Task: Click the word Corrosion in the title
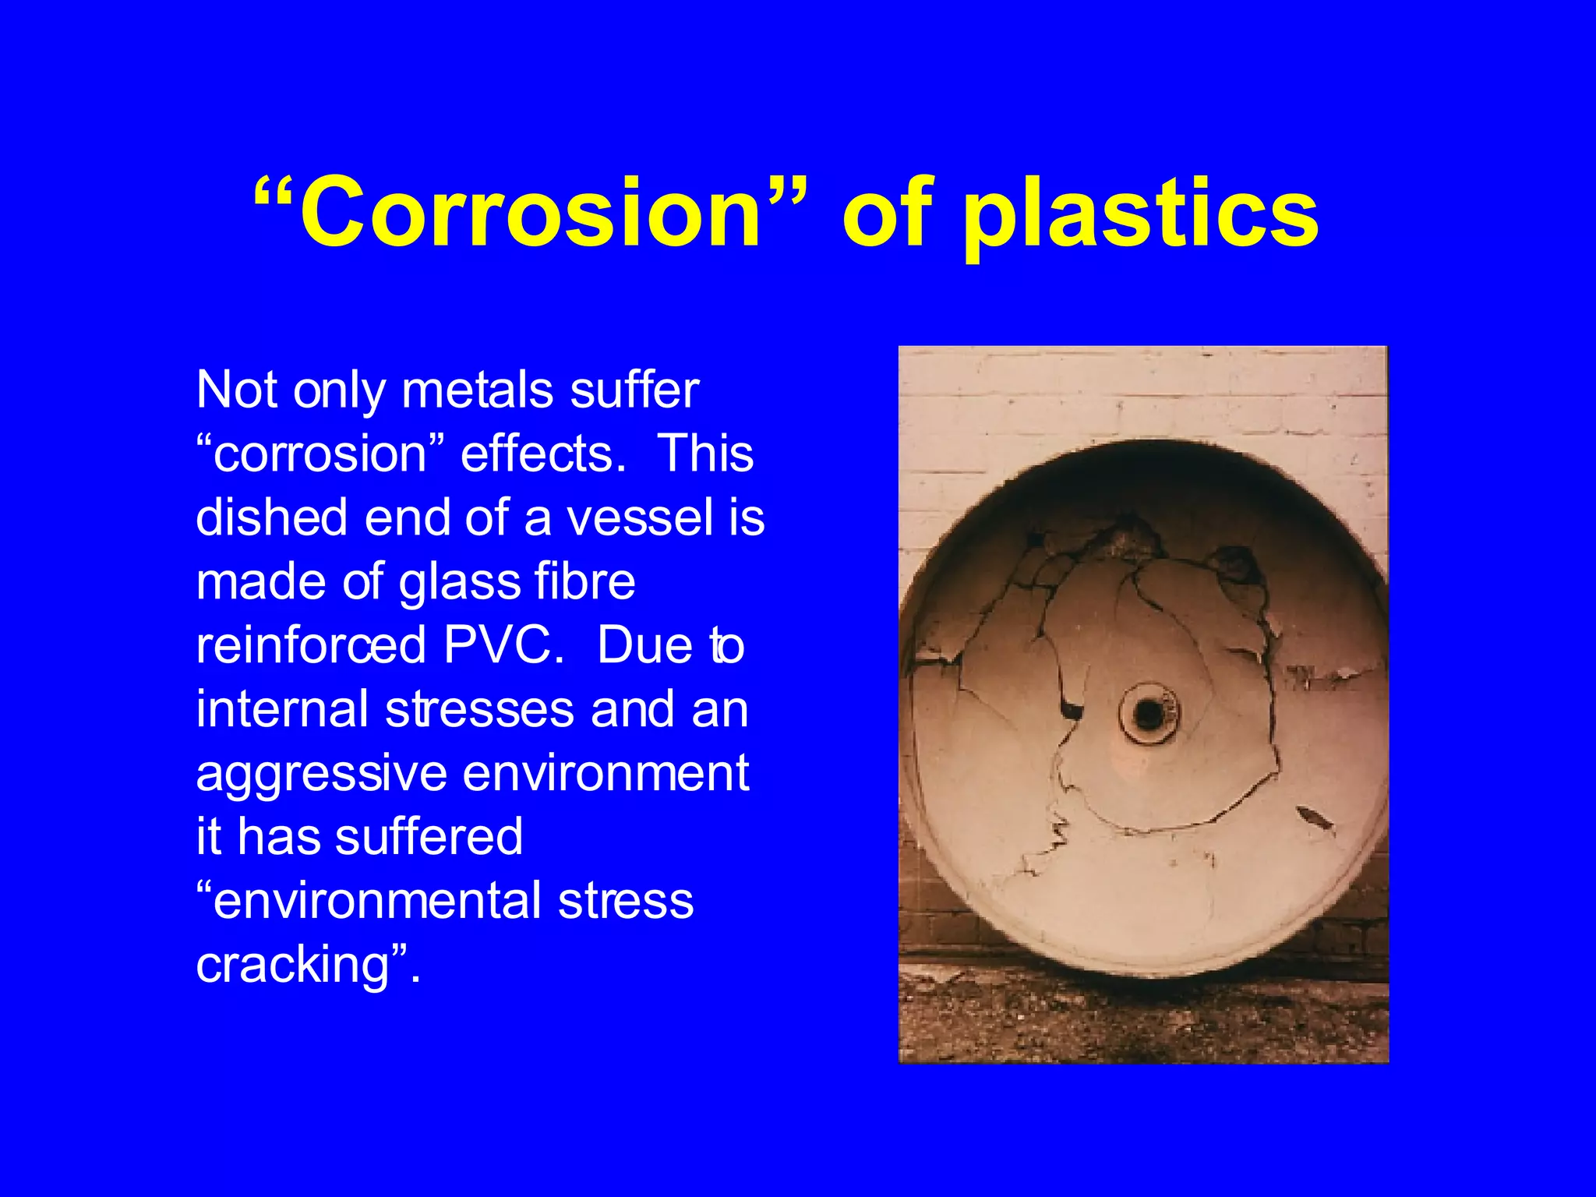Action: click(x=530, y=213)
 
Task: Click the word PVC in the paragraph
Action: click(x=503, y=645)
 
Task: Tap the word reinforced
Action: click(x=311, y=645)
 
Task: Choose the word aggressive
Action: click(x=322, y=774)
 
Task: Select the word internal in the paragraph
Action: click(x=281, y=709)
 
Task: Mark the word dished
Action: click(x=271, y=517)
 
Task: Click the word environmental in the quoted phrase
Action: click(x=376, y=901)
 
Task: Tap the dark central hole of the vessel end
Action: click(x=1148, y=712)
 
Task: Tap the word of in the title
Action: click(x=888, y=213)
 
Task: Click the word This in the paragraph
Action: click(x=705, y=454)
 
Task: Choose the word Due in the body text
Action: click(x=644, y=645)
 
